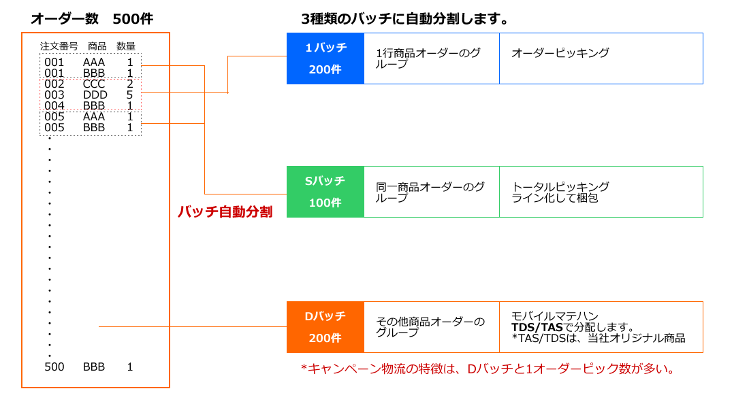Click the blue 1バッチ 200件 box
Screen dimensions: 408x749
[325, 58]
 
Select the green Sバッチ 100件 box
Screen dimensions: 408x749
[325, 192]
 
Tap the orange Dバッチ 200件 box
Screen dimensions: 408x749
[325, 327]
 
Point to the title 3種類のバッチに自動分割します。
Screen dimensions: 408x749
[405, 18]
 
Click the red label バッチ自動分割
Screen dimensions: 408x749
[225, 211]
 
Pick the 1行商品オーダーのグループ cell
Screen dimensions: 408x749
[430, 58]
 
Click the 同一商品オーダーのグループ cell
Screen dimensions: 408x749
[430, 192]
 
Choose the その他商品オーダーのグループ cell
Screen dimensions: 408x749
[430, 327]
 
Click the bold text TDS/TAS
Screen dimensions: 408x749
[537, 327]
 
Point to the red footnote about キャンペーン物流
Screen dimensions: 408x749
[488, 369]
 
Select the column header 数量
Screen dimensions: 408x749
[126, 46]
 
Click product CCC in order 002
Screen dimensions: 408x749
[94, 84]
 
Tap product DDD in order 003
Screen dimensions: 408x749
[95, 95]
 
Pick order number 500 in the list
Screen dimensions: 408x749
[54, 367]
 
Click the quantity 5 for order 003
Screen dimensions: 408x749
[129, 95]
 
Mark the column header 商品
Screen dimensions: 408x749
[97, 46]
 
